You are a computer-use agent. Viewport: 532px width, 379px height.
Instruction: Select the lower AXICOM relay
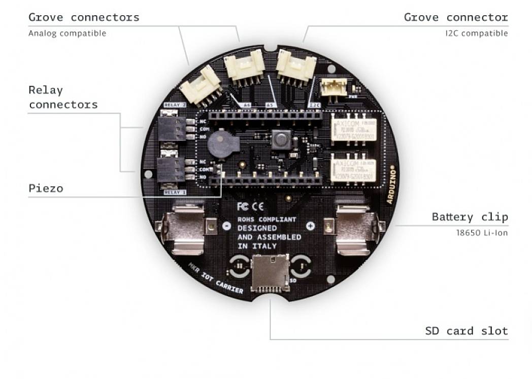coord(354,168)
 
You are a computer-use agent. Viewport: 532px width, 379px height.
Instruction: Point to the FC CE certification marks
coord(250,206)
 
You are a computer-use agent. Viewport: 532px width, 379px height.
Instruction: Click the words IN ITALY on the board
coord(257,246)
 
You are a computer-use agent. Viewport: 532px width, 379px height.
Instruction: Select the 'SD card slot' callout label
coord(466,331)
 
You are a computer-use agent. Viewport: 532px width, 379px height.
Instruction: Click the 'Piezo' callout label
coord(46,188)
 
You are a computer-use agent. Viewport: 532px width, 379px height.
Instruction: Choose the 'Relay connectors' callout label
coord(62,98)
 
